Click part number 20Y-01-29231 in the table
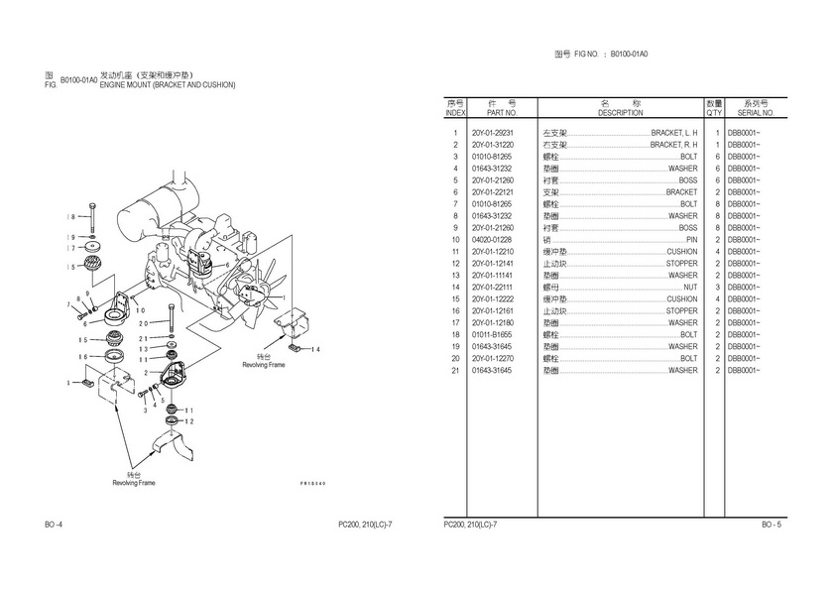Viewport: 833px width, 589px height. (x=493, y=133)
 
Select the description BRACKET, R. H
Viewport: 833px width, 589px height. (x=673, y=145)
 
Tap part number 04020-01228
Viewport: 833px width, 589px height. (x=493, y=240)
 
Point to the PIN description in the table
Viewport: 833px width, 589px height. (x=691, y=240)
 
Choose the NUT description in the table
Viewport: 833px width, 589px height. (x=690, y=288)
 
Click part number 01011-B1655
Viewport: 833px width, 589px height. (x=493, y=335)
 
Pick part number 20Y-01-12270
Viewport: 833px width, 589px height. (x=493, y=359)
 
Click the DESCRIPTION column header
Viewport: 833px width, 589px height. (x=621, y=113)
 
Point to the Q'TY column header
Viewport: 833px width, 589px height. (x=714, y=113)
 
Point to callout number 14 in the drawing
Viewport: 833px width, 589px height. (x=315, y=350)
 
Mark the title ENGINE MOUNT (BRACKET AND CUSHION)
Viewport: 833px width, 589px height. (x=168, y=85)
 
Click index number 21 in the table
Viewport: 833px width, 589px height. (x=455, y=371)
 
